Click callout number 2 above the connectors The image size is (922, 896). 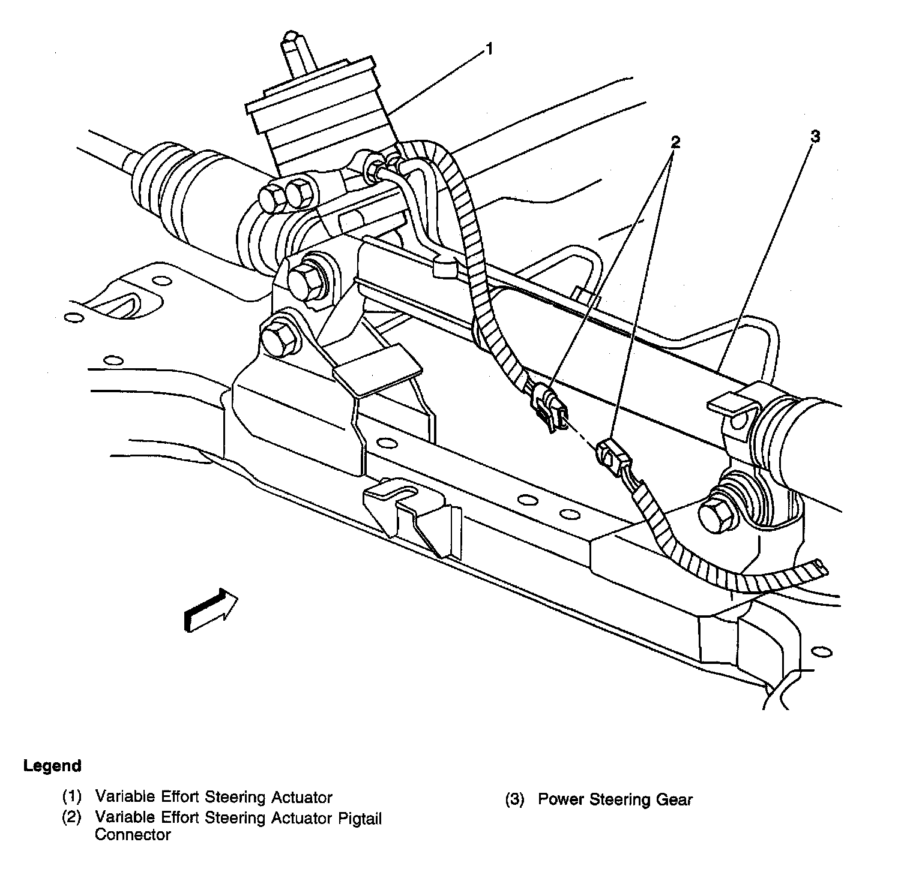[675, 142]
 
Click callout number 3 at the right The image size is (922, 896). [814, 137]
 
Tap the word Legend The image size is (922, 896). [52, 766]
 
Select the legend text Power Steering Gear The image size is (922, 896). [615, 799]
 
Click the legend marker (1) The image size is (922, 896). [71, 798]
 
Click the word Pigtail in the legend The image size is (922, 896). [358, 818]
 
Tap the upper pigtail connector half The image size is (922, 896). [549, 407]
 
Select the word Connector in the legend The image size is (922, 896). [133, 835]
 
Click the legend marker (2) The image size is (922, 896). [71, 818]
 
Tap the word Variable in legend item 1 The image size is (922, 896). [125, 798]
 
